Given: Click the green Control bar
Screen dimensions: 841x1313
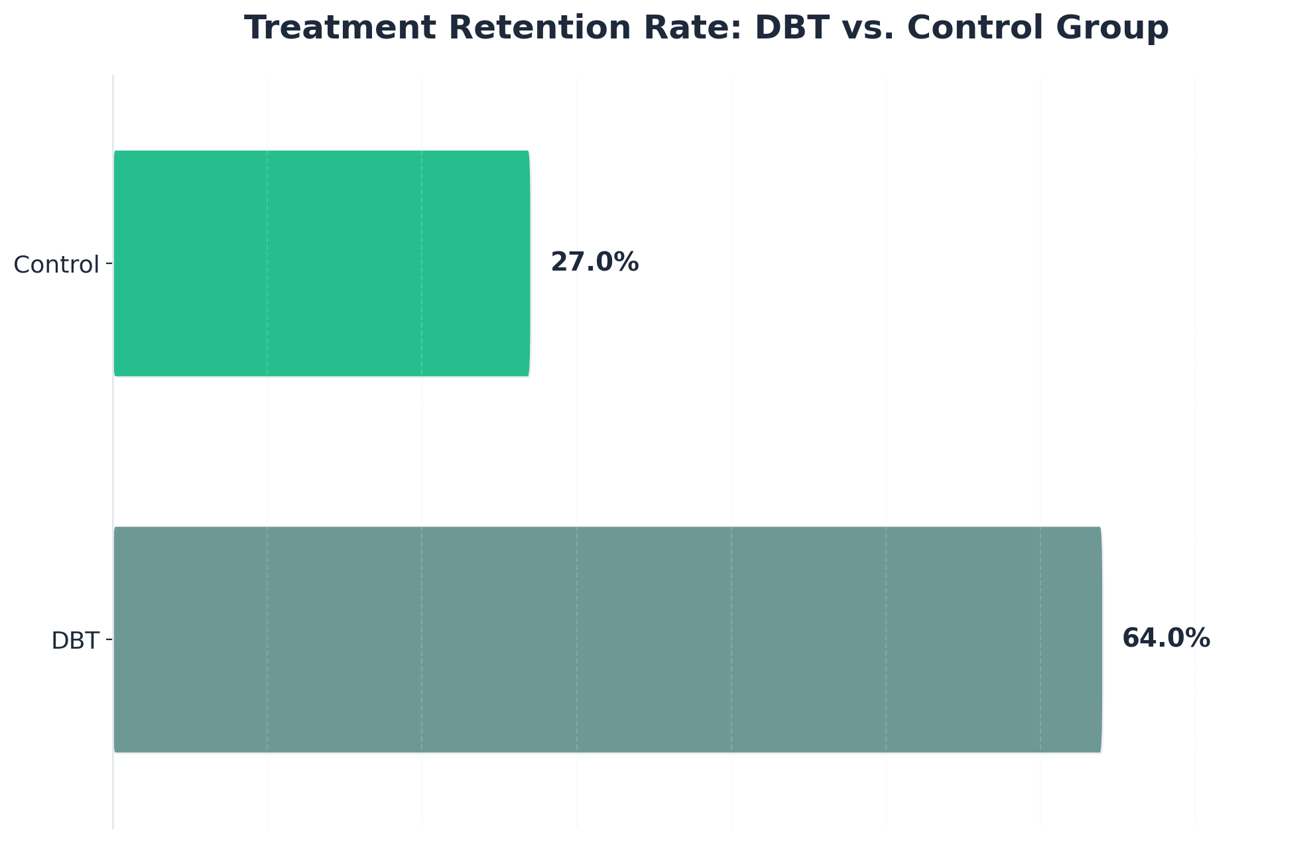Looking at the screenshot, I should (x=322, y=263).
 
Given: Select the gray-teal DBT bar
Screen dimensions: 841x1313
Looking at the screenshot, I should (x=607, y=639).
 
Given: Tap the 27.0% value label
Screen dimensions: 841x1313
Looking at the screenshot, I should (x=594, y=263).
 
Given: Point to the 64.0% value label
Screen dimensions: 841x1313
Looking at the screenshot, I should (x=1166, y=639).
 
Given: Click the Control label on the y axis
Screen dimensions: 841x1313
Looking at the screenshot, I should (x=56, y=265).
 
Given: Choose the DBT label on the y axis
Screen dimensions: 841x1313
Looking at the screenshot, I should (x=75, y=641).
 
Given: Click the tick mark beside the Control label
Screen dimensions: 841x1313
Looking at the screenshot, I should (x=109, y=264).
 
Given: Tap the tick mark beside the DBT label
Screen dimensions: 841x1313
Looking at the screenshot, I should (x=109, y=640).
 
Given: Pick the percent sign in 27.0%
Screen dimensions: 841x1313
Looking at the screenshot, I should (x=627, y=263).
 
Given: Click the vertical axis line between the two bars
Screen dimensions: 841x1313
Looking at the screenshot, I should (x=113, y=451).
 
